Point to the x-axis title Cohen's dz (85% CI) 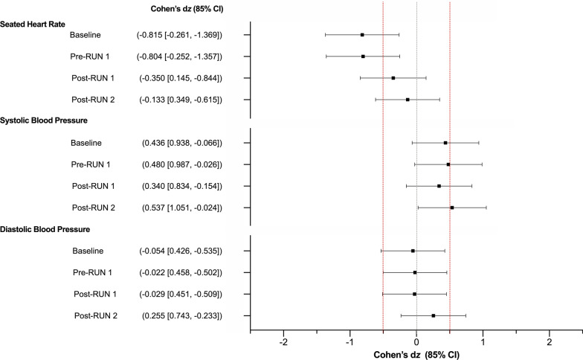tap(416, 355)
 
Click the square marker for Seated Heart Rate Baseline tap(362, 35)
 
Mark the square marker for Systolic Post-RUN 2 tap(452, 208)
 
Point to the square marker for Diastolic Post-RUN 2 tap(434, 316)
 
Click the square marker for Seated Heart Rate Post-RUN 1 tap(393, 78)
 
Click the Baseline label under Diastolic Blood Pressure tap(86, 251)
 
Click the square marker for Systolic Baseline tap(445, 143)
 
